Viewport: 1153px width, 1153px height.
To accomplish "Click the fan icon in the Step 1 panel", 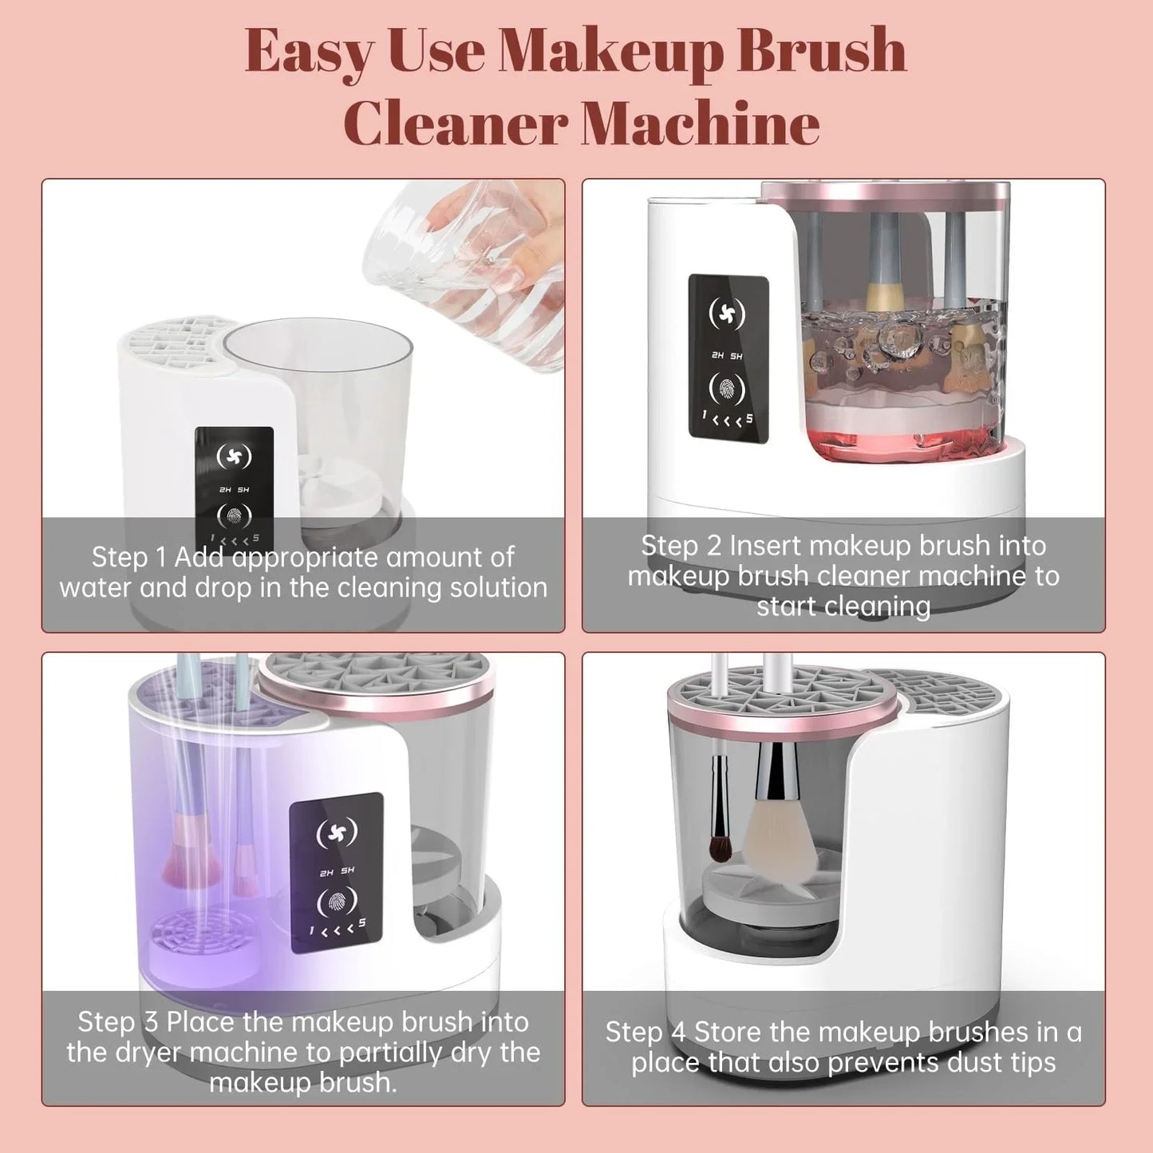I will click(234, 456).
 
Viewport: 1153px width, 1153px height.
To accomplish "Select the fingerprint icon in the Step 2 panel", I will click(727, 389).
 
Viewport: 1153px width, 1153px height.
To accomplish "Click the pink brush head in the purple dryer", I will click(192, 858).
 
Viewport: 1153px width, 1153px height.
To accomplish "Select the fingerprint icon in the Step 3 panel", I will click(336, 902).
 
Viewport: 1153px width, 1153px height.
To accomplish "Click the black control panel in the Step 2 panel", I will click(729, 358).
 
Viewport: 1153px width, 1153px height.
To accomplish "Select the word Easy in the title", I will click(308, 52).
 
